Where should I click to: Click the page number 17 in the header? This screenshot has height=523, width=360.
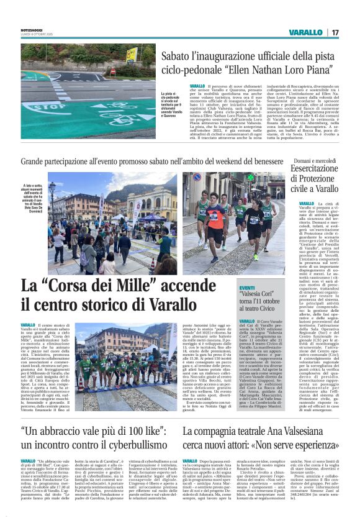click(335, 32)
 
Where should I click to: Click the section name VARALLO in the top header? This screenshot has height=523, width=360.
click(306, 32)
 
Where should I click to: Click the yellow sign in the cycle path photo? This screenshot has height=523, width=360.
click(132, 54)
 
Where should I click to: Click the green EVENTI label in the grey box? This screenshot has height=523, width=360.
click(248, 288)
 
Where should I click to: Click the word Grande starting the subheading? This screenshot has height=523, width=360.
click(37, 161)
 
